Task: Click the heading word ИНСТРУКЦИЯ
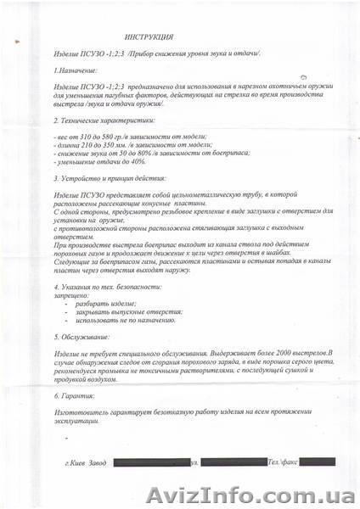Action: coord(149,37)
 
